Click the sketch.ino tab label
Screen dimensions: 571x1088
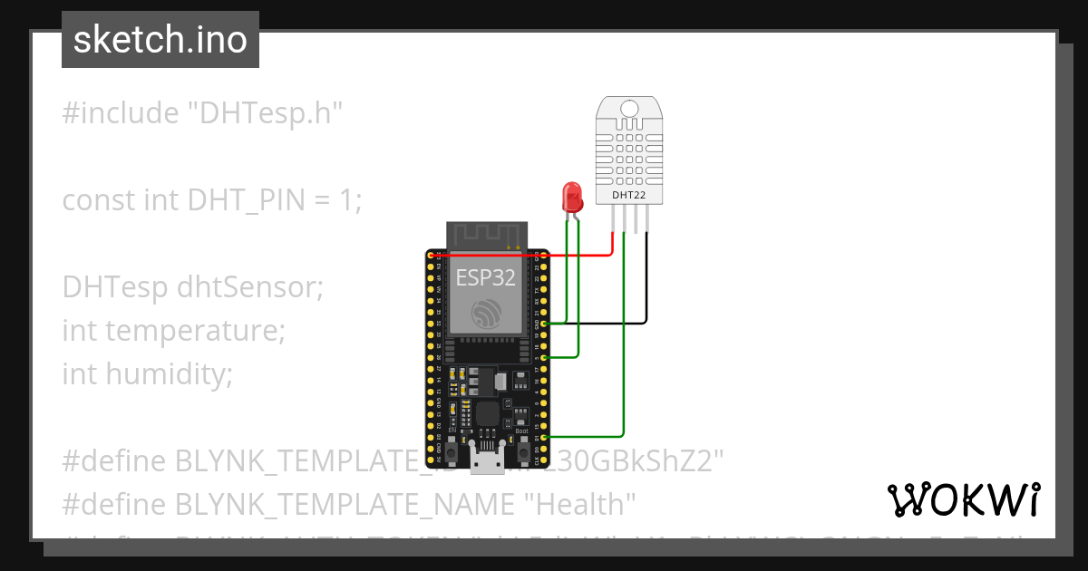160,40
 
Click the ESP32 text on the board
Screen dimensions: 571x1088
486,277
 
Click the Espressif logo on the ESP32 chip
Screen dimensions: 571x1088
487,315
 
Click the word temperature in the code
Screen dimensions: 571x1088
195,331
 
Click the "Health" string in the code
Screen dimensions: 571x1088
581,503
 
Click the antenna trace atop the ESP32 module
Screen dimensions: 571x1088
486,236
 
